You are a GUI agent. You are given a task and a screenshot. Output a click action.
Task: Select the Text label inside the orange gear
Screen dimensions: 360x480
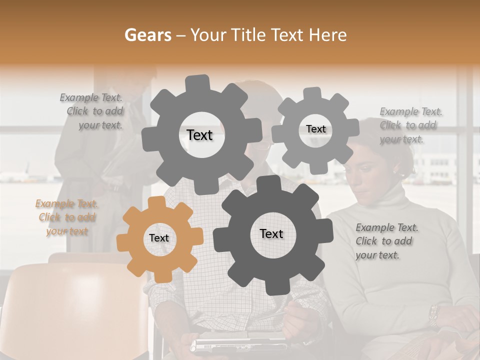[159, 238]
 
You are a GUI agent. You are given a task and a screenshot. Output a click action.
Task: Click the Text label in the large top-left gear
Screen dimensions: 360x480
[199, 135]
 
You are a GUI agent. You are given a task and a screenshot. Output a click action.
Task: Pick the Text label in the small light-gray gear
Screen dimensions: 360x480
[315, 129]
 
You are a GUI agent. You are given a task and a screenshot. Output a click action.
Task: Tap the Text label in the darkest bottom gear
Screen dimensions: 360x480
[271, 233]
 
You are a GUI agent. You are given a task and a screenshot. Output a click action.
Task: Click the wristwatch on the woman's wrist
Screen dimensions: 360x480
[433, 315]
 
